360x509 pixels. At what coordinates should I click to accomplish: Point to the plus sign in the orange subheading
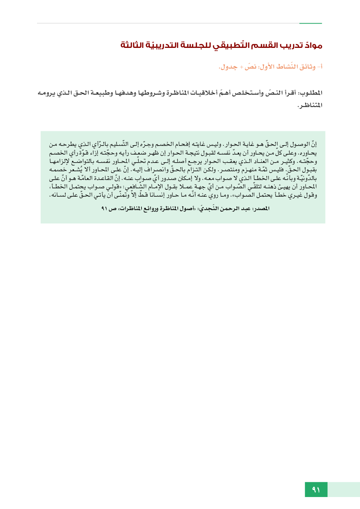coord(241,67)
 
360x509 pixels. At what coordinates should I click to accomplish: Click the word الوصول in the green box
coord(300,144)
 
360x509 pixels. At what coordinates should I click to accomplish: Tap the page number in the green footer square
coord(316,490)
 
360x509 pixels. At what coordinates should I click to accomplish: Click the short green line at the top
coord(311,23)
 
